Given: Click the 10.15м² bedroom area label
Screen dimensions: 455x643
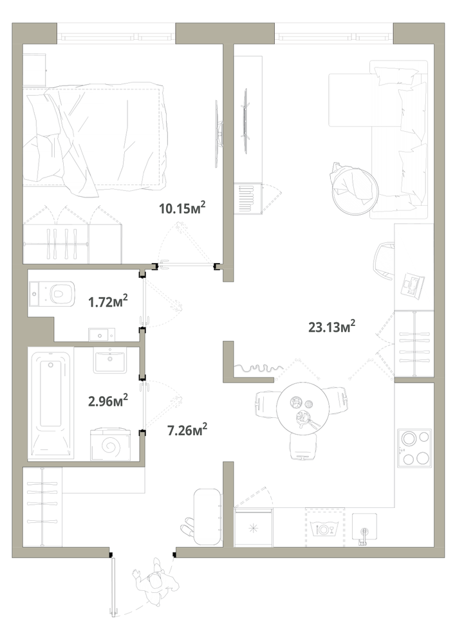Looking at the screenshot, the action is (x=182, y=208).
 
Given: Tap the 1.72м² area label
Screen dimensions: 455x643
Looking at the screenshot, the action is (x=108, y=302).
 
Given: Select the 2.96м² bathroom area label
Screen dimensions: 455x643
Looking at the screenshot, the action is (x=108, y=400).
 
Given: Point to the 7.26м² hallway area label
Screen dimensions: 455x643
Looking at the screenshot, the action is (x=187, y=430).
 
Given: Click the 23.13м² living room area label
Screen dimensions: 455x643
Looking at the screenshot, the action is (x=331, y=327).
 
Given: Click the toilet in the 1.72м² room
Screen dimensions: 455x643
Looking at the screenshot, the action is (x=52, y=293).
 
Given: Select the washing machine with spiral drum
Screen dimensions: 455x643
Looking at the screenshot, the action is (x=110, y=444).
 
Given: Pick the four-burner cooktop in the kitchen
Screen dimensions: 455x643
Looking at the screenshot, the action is (x=414, y=448).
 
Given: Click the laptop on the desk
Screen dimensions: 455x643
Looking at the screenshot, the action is (x=413, y=284).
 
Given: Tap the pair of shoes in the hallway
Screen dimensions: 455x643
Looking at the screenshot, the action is (x=189, y=527).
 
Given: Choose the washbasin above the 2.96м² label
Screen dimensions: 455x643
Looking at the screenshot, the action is (x=110, y=361).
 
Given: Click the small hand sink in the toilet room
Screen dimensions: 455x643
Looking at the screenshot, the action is (x=101, y=335).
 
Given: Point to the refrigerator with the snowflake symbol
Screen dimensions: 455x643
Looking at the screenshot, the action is (x=253, y=528).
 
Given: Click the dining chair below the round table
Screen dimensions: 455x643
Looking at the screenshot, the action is (x=303, y=447).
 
